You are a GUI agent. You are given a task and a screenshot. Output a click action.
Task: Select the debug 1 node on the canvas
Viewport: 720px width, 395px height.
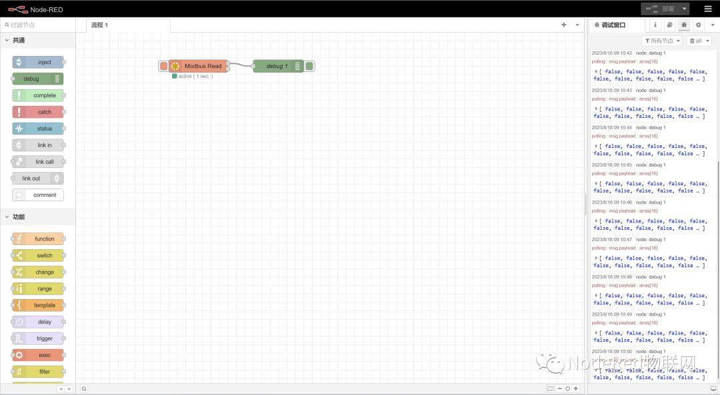coord(278,66)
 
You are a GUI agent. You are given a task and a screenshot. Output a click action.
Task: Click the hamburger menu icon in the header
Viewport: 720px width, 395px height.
coord(707,9)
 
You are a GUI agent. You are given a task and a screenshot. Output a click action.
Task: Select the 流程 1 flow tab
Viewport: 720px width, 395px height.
coord(100,25)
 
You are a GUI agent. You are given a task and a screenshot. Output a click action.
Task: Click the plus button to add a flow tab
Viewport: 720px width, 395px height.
coord(563,25)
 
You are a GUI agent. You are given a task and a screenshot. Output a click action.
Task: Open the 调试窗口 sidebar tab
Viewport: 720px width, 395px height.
coord(613,25)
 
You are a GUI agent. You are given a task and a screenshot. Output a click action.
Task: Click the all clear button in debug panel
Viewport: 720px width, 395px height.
coord(699,41)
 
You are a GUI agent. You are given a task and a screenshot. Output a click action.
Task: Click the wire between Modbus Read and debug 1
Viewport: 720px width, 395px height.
coord(241,65)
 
